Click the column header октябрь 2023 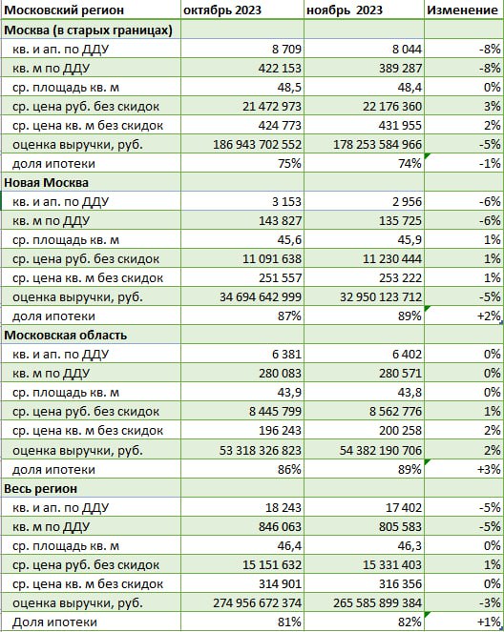[x=222, y=10]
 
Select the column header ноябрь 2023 [x=345, y=10]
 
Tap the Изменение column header [x=462, y=10]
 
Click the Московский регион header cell [x=64, y=10]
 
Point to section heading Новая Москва [x=46, y=183]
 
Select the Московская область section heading [x=65, y=336]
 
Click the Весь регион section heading [x=40, y=488]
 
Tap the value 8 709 [x=286, y=50]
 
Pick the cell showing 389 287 [x=400, y=68]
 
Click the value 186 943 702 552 [x=257, y=144]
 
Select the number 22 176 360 [x=391, y=107]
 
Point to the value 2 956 [x=407, y=202]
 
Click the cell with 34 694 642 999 [x=261, y=297]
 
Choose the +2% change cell [x=489, y=316]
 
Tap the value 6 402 [x=408, y=355]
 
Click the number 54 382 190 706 [x=381, y=450]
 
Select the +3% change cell [x=489, y=470]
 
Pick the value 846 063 [x=280, y=527]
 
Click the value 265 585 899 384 [x=377, y=603]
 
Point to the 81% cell [x=289, y=622]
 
